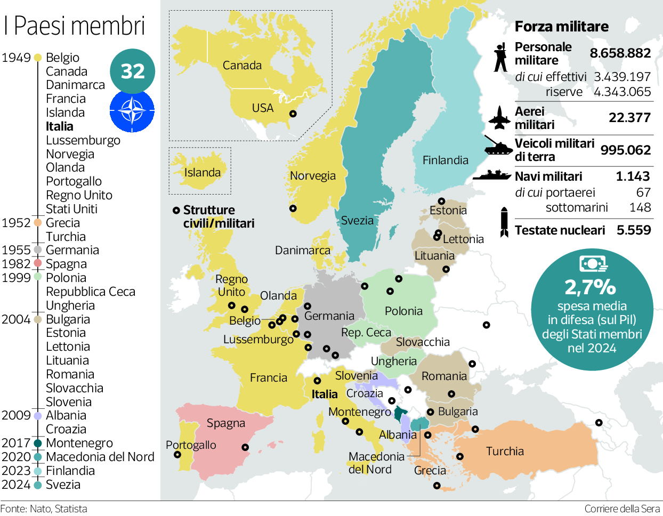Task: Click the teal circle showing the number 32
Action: (133, 71)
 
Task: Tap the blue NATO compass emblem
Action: (132, 111)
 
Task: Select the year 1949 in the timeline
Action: (16, 58)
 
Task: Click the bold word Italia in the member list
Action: (60, 126)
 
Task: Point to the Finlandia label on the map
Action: (445, 160)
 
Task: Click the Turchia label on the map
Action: (505, 451)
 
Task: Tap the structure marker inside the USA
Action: (293, 114)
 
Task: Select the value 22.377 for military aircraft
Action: (629, 117)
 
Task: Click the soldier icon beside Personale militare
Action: (500, 57)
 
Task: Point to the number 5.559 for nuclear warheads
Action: (634, 230)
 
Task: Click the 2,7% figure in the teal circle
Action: (591, 287)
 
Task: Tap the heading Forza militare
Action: (561, 27)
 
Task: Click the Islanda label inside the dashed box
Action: (202, 172)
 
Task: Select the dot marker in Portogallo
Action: (177, 455)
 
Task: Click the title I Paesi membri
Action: (74, 26)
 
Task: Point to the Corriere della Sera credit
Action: (622, 509)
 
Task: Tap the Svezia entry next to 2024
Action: (63, 485)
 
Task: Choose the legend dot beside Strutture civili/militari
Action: (176, 211)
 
